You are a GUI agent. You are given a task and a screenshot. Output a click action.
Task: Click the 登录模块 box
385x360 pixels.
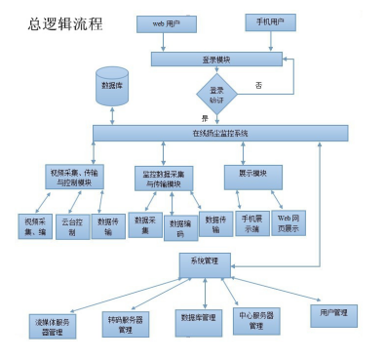coord(216,59)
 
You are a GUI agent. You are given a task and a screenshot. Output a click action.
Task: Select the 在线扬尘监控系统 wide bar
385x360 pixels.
coord(220,133)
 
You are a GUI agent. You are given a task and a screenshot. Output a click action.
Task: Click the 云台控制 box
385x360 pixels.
coord(71,226)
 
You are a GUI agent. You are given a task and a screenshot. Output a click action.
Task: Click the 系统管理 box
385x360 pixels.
coord(205,262)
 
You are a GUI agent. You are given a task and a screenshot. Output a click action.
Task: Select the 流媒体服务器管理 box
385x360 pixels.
coord(52,325)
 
